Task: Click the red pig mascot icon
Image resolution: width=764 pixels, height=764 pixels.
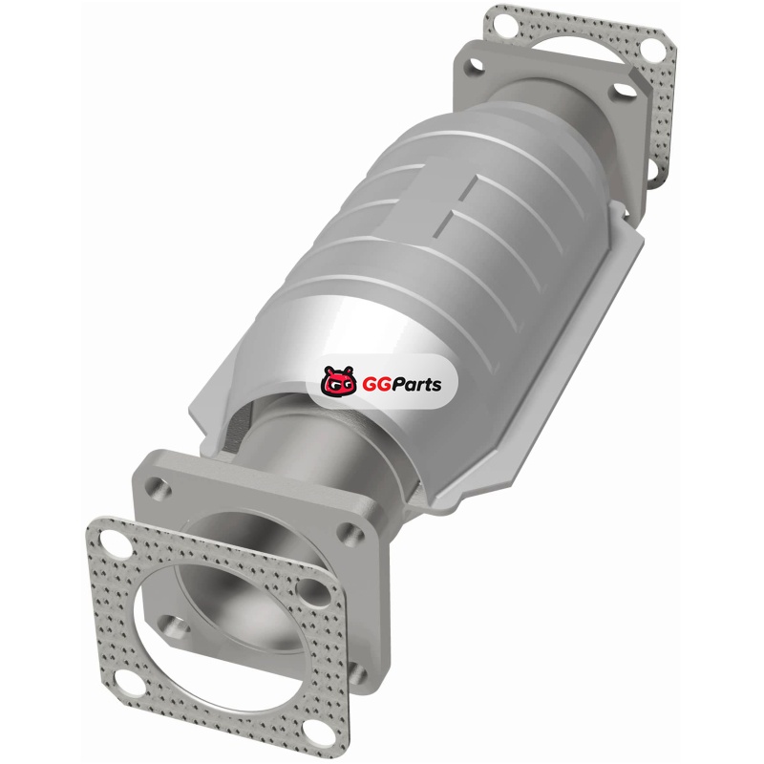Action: pyautogui.click(x=339, y=380)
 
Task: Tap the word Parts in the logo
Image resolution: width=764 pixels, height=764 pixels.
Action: pyautogui.click(x=415, y=384)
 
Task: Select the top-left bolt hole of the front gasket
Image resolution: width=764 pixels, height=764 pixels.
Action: pyautogui.click(x=114, y=540)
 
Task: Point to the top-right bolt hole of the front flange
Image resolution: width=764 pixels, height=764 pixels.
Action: pyautogui.click(x=351, y=533)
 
